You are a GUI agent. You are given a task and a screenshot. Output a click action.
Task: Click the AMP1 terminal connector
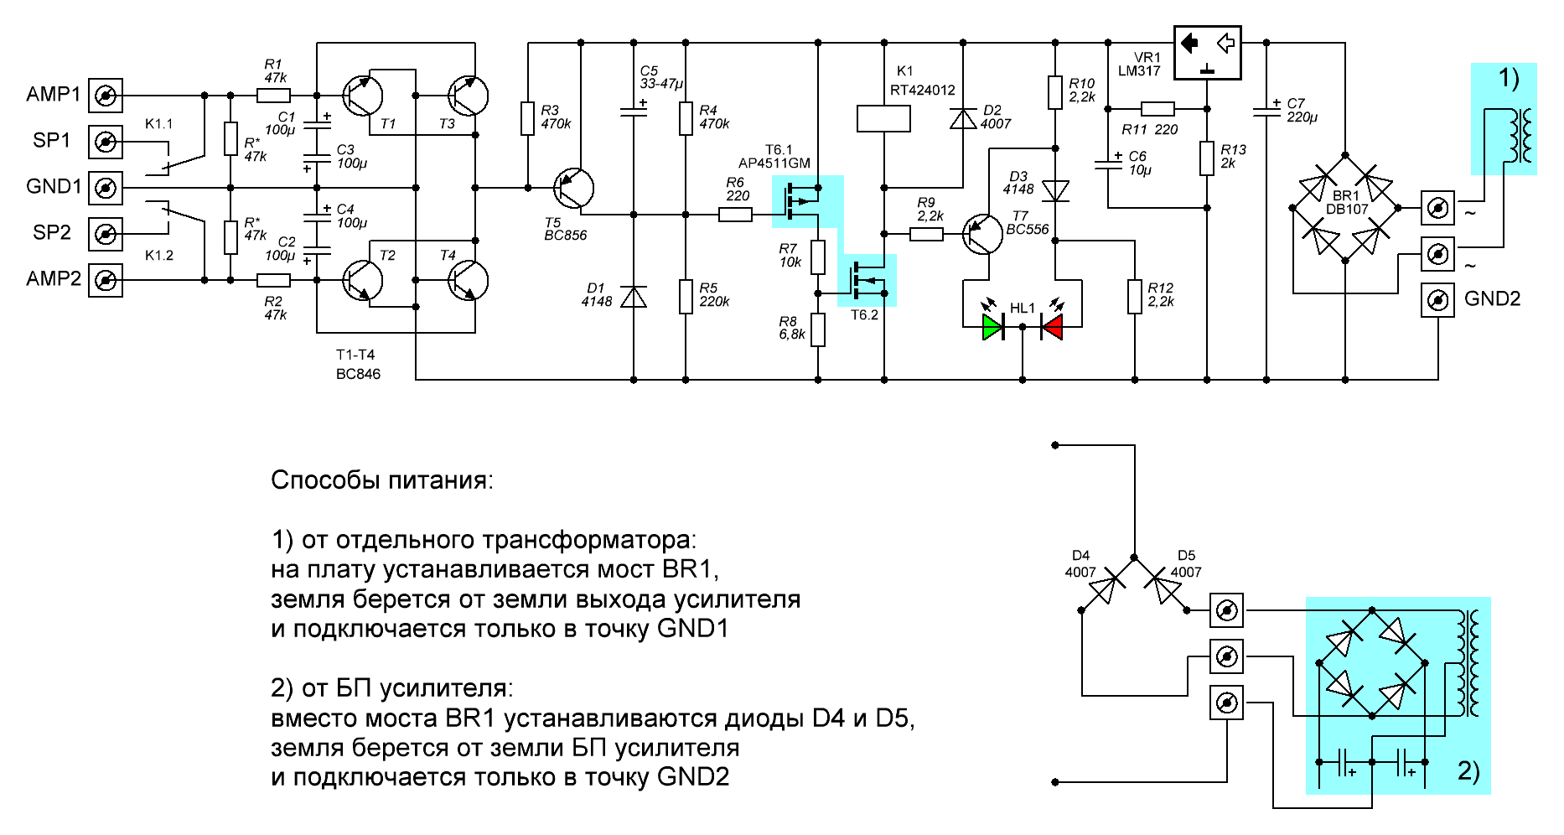point(106,96)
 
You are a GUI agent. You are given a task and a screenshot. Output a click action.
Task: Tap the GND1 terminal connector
point(106,188)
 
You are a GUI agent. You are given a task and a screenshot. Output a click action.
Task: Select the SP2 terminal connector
point(106,234)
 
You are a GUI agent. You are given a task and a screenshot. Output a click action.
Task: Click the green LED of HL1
point(992,326)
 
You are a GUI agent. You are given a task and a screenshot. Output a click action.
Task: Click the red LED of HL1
point(1052,326)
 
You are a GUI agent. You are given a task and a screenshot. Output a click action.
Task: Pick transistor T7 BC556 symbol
point(981,235)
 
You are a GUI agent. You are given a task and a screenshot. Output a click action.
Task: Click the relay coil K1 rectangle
point(883,118)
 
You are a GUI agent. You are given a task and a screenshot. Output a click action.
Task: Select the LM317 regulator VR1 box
point(1207,53)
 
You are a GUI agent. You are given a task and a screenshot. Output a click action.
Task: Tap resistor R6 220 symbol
point(735,215)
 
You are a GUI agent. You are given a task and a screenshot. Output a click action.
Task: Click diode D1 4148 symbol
point(634,297)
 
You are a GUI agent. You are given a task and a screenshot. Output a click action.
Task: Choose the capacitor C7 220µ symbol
point(1266,111)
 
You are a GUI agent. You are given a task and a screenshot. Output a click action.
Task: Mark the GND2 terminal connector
point(1437,299)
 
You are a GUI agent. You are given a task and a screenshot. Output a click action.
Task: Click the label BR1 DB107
point(1346,202)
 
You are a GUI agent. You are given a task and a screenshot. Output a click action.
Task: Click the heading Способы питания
point(382,480)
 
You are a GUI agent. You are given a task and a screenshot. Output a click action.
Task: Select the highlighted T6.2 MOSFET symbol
point(867,280)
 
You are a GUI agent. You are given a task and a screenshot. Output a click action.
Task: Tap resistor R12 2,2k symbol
point(1135,296)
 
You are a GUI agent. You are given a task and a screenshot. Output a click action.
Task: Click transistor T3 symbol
point(467,96)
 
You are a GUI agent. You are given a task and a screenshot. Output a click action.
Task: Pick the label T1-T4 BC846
point(358,364)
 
